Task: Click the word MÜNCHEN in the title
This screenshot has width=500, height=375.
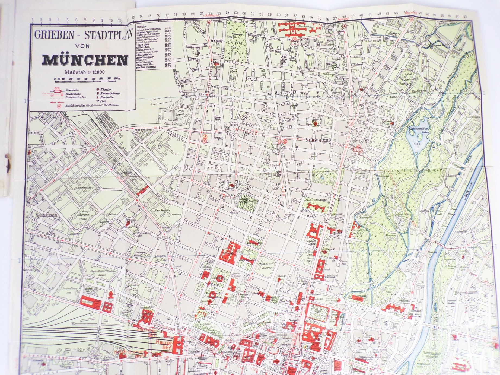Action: [x=85, y=60]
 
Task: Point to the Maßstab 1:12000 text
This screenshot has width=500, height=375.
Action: [x=85, y=72]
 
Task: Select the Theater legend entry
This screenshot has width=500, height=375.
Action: [x=105, y=89]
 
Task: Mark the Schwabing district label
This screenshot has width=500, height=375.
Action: [x=318, y=140]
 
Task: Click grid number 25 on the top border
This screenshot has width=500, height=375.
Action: [x=236, y=13]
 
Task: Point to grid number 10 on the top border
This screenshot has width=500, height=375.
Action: [x=111, y=20]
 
